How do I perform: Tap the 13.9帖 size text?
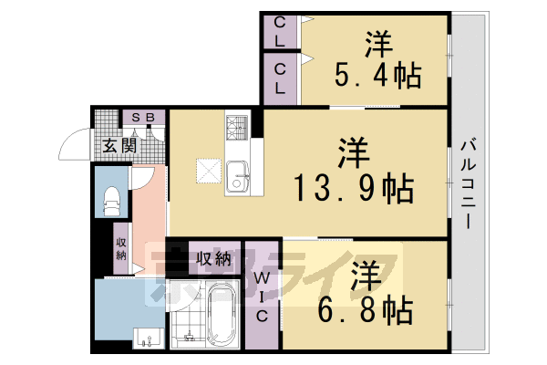353,189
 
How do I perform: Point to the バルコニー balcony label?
467,182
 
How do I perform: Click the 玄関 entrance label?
119,145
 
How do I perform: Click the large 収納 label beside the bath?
212,258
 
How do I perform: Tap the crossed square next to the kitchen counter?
208,170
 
